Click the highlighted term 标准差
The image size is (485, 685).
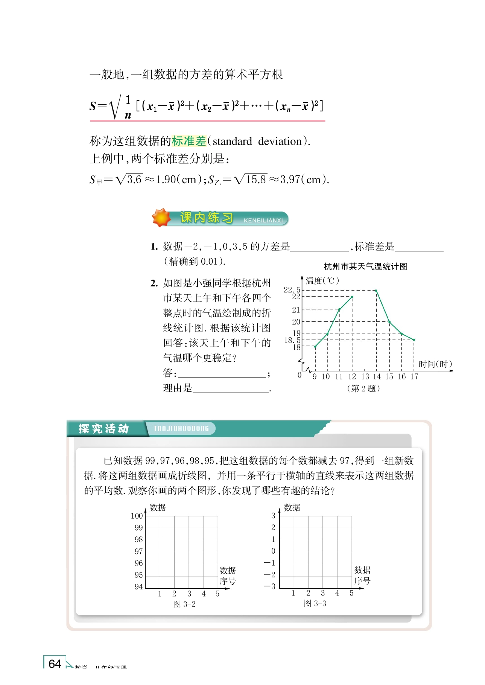189,141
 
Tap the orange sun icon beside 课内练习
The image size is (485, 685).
161,218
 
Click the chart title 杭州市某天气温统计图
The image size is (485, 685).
365,266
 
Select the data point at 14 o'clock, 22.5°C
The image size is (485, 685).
376,291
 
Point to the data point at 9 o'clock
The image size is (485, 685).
315,346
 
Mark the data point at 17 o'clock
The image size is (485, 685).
414,340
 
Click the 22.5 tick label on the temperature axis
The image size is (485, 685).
292,289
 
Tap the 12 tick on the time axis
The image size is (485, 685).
352,376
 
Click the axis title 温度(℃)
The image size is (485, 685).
322,281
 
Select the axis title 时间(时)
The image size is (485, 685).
435,364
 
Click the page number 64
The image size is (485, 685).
55,663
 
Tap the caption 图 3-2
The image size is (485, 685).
184,604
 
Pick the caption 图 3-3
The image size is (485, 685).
315,603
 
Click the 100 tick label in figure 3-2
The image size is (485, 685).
137,516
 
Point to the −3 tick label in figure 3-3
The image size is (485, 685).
269,586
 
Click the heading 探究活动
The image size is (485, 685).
104,429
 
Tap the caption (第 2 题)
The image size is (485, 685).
363,388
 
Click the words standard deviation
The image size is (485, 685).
257,142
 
